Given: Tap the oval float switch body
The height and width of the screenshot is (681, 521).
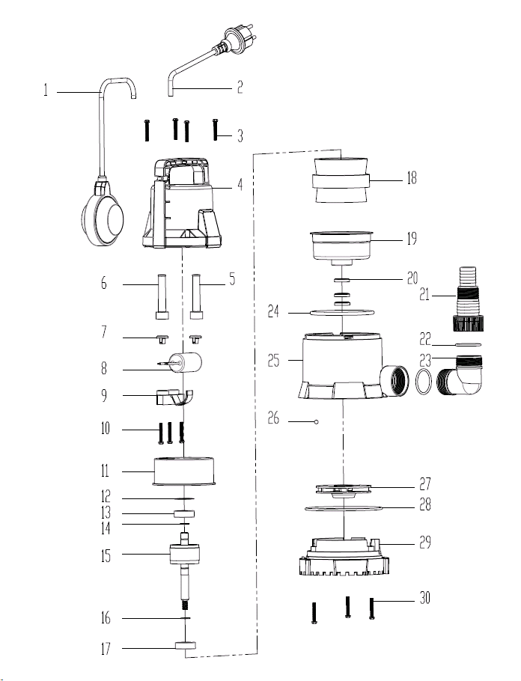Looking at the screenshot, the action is coord(103,218).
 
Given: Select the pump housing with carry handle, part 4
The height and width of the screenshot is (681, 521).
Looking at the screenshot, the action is coord(182,204).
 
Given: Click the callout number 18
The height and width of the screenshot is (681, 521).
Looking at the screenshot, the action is coord(411,177).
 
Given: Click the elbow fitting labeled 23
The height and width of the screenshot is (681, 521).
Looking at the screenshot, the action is coord(460,375).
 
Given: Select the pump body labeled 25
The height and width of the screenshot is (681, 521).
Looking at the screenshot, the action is coord(353,366).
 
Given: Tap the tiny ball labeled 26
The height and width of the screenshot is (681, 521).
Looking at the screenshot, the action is coord(317,421).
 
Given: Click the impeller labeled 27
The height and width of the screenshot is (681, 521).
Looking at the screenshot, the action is coord(344,489).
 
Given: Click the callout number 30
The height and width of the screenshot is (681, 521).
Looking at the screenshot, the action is coord(424,598).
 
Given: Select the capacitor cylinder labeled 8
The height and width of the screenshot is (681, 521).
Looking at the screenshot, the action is coord(182,363).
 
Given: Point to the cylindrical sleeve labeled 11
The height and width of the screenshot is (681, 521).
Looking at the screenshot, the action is coord(184,471).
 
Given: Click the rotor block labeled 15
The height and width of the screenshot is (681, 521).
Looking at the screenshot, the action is coord(185,555).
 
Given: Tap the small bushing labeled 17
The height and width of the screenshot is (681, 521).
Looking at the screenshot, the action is coord(185,646).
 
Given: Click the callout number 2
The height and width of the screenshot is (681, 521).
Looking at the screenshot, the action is coord(240,88).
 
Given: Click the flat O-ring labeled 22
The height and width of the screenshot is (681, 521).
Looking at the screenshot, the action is coord(469,345).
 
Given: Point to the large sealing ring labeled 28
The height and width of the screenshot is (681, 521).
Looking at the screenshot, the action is coord(344,507).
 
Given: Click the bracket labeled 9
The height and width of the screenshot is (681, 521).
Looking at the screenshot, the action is coord(174,397).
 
